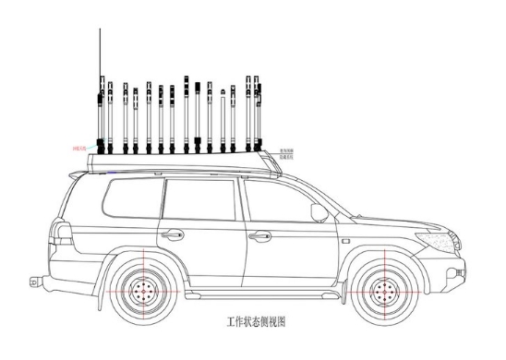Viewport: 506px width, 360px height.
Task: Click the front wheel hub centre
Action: [x=383, y=293]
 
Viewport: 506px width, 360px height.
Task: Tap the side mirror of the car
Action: [x=319, y=212]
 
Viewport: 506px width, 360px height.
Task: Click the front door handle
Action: [x=260, y=235]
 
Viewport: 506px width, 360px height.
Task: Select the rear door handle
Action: [x=173, y=234]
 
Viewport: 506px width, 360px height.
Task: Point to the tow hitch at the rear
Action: [x=34, y=278]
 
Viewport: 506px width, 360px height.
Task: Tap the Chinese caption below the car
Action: [x=257, y=325]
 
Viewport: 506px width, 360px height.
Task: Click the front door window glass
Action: [x=277, y=201]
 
